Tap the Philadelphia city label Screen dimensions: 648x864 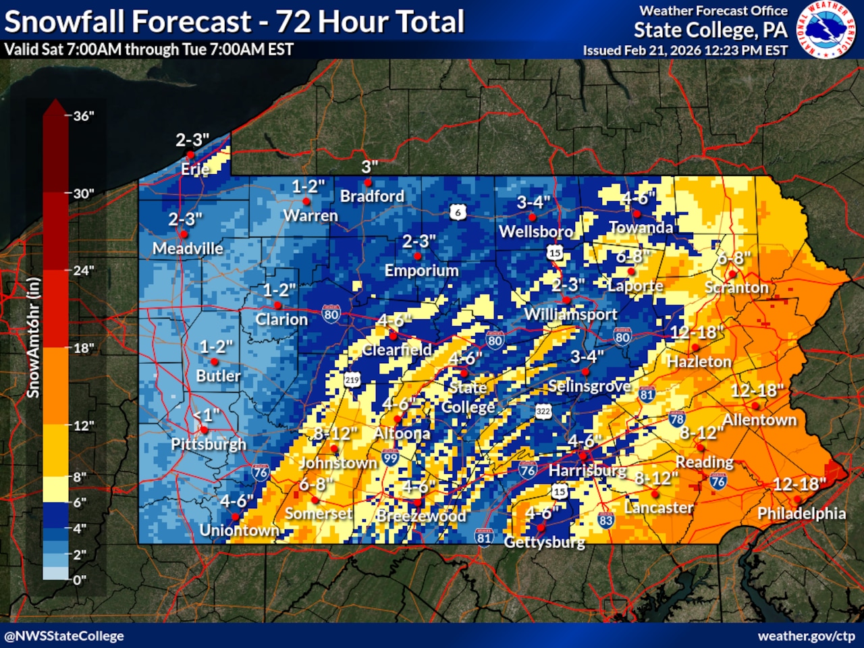(x=801, y=514)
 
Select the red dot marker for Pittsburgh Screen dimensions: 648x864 (x=204, y=429)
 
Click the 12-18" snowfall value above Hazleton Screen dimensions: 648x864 (x=697, y=332)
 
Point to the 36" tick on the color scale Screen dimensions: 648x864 (x=83, y=116)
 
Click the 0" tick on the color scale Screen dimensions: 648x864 (x=79, y=580)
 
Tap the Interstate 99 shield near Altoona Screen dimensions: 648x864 (x=390, y=458)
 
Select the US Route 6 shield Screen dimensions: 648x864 (x=458, y=213)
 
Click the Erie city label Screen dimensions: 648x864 (x=195, y=169)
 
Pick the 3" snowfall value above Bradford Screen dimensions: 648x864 (x=369, y=167)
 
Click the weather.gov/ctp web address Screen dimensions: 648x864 (x=806, y=636)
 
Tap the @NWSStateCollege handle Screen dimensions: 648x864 (x=64, y=636)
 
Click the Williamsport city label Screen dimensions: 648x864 (x=570, y=314)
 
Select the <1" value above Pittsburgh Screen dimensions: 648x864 (x=206, y=414)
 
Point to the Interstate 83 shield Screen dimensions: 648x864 (x=605, y=520)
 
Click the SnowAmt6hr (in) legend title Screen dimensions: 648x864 (x=33, y=337)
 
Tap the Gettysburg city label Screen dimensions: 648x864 (x=544, y=541)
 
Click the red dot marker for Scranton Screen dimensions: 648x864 (x=731, y=274)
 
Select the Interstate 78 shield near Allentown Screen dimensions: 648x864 (x=677, y=419)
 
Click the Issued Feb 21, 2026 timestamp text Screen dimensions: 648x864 (x=685, y=50)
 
